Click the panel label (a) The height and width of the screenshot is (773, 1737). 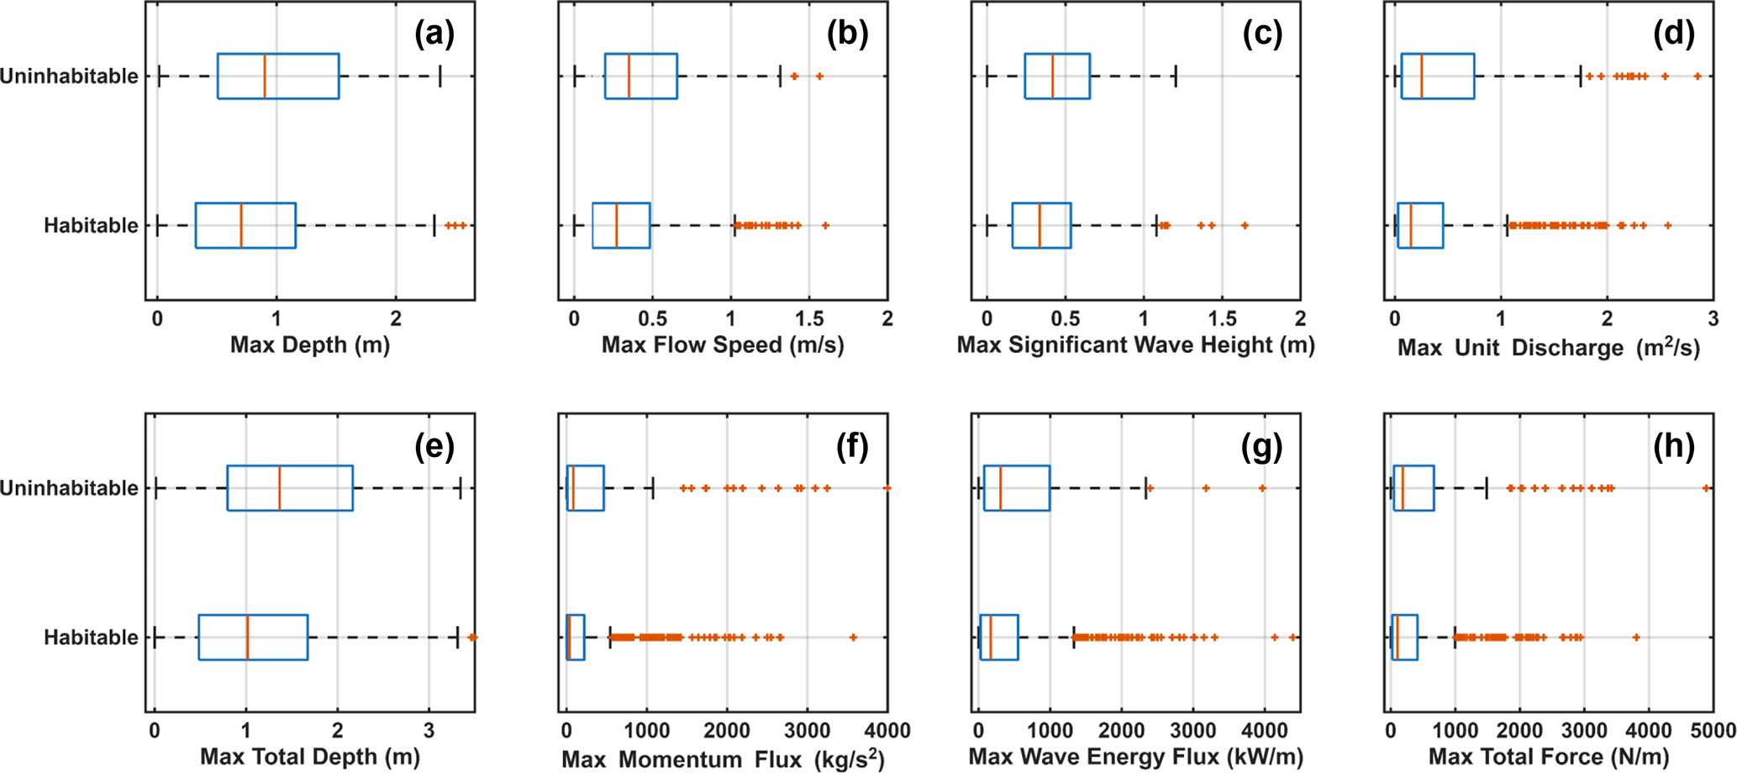pyautogui.click(x=434, y=34)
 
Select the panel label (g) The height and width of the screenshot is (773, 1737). pyautogui.click(x=1261, y=446)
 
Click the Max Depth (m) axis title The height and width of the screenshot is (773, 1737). pyautogui.click(x=310, y=344)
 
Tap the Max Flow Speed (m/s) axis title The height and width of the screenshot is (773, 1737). pyautogui.click(x=723, y=344)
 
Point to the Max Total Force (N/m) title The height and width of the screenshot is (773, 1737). pyautogui.click(x=1548, y=756)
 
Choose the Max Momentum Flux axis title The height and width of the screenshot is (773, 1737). pyautogui.click(x=723, y=758)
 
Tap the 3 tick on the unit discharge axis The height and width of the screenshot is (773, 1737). pyautogui.click(x=1713, y=318)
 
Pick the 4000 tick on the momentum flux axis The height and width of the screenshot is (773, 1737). pyautogui.click(x=887, y=730)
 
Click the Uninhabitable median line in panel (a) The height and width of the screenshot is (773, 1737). pyautogui.click(x=265, y=76)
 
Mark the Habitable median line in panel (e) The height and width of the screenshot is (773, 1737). pyautogui.click(x=247, y=637)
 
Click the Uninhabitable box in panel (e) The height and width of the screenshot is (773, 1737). pyautogui.click(x=290, y=488)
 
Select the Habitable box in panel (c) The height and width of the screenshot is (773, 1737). pyautogui.click(x=1041, y=225)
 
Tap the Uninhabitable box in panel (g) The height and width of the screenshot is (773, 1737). pyautogui.click(x=1017, y=488)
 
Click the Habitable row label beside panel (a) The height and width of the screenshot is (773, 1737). pyautogui.click(x=91, y=225)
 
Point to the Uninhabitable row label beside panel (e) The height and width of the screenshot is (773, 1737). pyautogui.click(x=69, y=488)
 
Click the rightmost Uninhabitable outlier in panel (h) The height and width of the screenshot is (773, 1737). pyautogui.click(x=1706, y=488)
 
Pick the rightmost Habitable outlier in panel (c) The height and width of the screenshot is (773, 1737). pyautogui.click(x=1245, y=225)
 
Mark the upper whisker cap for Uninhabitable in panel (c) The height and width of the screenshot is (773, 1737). pyautogui.click(x=1175, y=76)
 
